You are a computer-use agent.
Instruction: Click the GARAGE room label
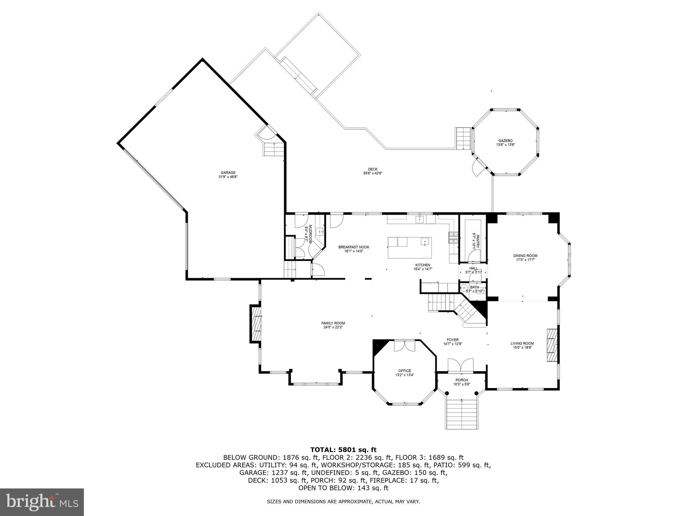tap(228, 173)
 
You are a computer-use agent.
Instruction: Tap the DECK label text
tap(373, 169)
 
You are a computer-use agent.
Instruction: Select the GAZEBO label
tap(505, 141)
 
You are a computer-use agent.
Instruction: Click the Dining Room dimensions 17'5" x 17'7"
tap(527, 260)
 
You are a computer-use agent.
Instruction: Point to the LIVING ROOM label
tap(522, 343)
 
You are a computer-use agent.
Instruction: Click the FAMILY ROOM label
tap(333, 323)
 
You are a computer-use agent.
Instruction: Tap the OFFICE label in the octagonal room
tap(405, 371)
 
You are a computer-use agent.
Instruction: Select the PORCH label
tap(462, 380)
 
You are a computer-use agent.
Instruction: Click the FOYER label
tap(453, 340)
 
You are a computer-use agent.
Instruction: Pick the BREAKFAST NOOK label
tap(354, 247)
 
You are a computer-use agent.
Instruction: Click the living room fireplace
tap(551, 349)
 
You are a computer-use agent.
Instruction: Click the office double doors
tap(405, 346)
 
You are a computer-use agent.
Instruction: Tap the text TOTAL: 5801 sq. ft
tap(343, 449)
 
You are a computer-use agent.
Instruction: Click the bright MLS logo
tap(42, 502)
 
